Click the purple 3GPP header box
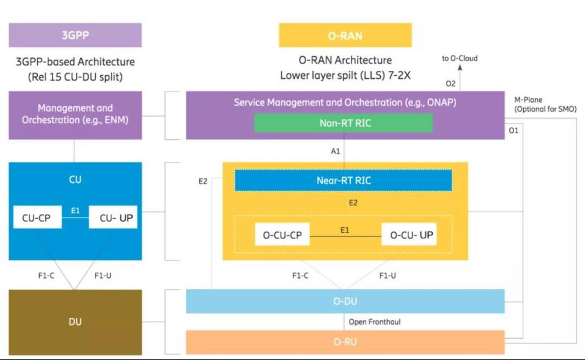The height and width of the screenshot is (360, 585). click(75, 35)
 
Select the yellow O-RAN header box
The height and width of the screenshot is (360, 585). click(345, 35)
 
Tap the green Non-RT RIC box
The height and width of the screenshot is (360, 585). click(344, 123)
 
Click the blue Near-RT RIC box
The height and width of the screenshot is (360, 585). click(344, 180)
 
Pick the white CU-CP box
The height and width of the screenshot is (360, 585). click(37, 217)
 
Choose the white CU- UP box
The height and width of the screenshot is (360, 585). click(113, 217)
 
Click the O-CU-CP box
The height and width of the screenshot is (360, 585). click(282, 234)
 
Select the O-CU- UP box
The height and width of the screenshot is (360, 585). click(409, 234)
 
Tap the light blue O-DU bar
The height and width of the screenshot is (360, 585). click(345, 301)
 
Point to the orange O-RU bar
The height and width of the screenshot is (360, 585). click(345, 342)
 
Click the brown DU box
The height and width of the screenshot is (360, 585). click(75, 322)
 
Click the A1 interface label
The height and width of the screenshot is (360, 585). click(336, 151)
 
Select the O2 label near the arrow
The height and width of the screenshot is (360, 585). click(451, 84)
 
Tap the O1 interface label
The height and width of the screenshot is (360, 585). click(513, 130)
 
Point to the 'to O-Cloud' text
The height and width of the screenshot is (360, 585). click(460, 58)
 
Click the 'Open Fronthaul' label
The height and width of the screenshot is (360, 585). click(375, 321)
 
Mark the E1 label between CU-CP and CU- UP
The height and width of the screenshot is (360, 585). click(75, 210)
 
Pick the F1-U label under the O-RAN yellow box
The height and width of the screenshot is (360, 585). click(388, 275)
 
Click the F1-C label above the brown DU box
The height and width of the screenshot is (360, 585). click(46, 275)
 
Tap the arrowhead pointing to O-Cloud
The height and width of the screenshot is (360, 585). click(460, 67)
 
